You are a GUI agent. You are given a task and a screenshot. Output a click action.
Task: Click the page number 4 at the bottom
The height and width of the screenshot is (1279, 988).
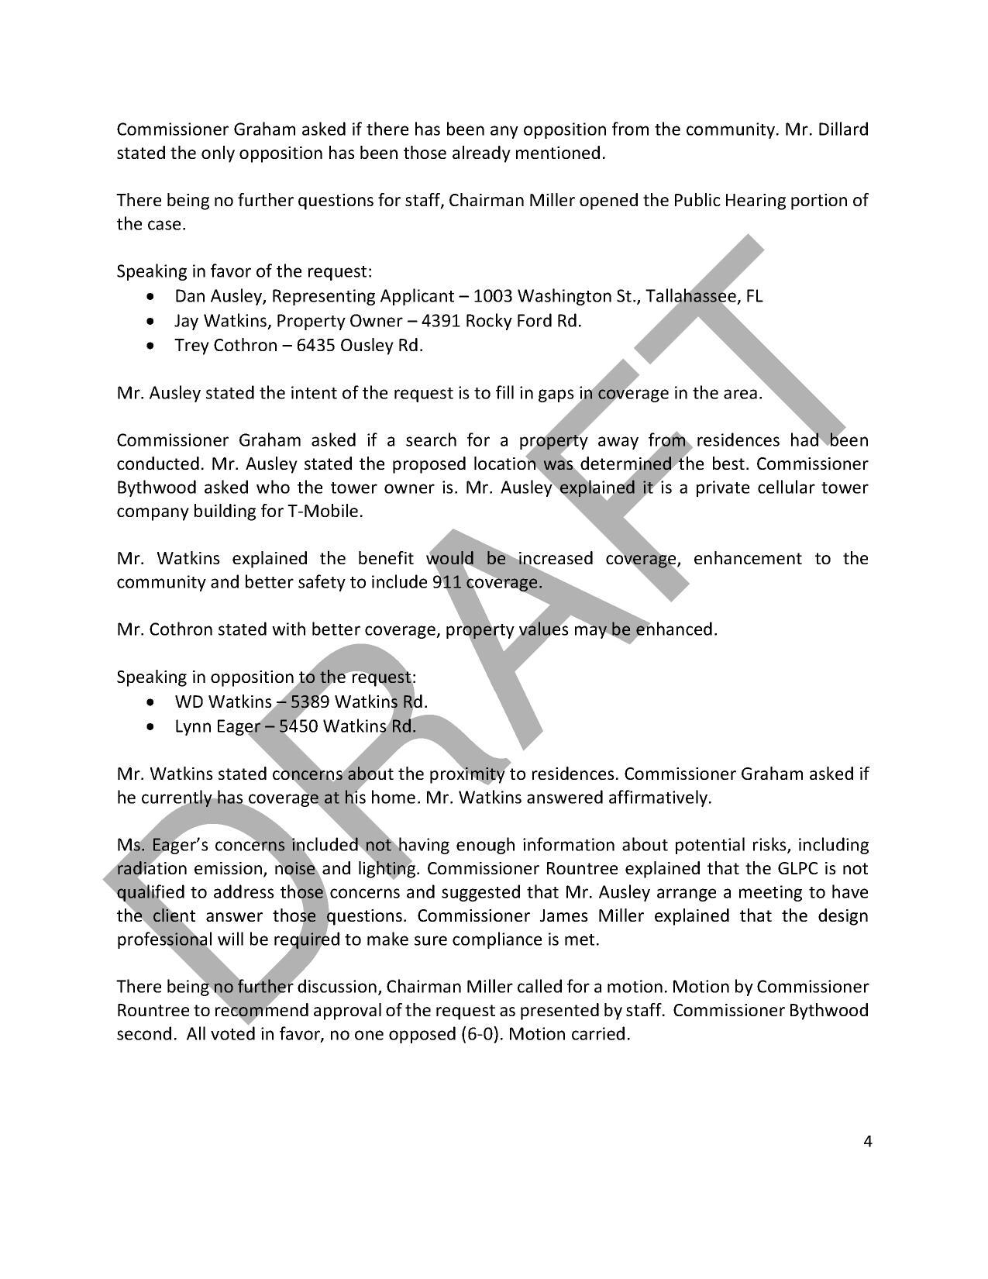coord(867,1140)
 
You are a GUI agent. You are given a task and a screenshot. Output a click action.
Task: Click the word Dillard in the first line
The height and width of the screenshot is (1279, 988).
coord(842,129)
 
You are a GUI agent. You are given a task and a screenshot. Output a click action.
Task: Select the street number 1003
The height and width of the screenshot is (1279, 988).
coord(492,296)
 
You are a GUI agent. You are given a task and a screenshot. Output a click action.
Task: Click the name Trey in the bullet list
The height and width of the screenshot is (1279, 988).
coord(191,345)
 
